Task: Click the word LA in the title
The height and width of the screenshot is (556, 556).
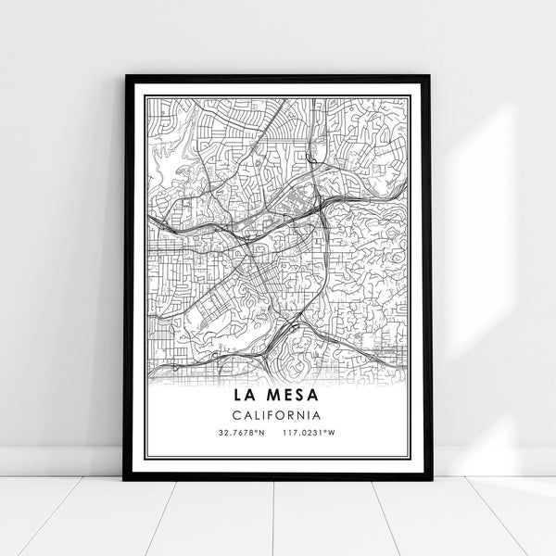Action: coord(242,396)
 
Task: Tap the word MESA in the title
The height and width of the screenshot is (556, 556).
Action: coord(291,396)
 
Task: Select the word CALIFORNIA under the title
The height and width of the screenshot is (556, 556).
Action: coord(278,415)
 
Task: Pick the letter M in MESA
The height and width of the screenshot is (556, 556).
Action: coord(269,396)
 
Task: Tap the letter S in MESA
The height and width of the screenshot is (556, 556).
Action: coord(300,396)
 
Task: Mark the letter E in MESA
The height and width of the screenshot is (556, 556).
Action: coord(285,396)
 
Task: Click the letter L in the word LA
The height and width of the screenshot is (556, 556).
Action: coord(235,396)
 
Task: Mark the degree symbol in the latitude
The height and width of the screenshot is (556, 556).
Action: coord(256,431)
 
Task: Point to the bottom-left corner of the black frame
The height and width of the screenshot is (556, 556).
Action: coord(124,480)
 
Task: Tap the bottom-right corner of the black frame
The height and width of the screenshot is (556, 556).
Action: coord(431,480)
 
